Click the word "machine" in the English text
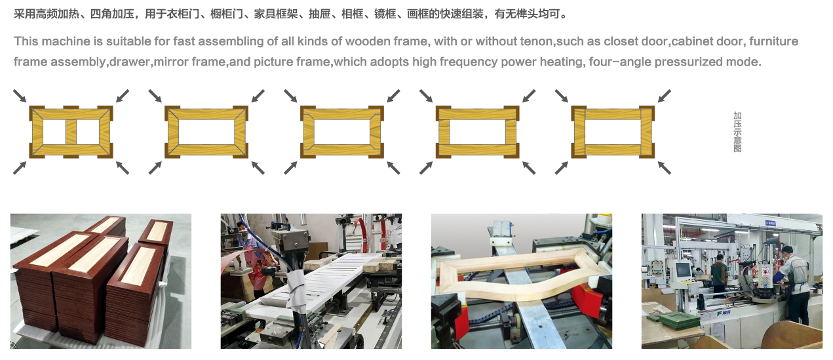(66, 41)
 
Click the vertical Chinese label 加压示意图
(737, 132)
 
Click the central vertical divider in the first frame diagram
(71, 132)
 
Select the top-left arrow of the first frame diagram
(20, 96)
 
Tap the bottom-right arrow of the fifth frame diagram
(664, 168)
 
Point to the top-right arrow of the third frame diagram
(393, 96)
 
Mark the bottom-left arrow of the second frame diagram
(155, 168)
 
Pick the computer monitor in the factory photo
(682, 270)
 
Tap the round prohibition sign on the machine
(765, 272)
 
